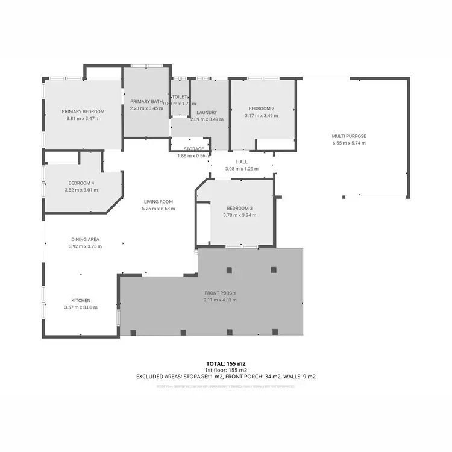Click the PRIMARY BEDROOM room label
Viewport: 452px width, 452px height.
click(83, 111)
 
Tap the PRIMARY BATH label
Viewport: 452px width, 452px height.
click(146, 102)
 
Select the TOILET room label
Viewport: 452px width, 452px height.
click(180, 96)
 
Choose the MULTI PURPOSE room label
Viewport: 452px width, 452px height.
click(349, 136)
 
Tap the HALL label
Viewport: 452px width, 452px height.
click(242, 162)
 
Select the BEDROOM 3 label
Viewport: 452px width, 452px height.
click(239, 208)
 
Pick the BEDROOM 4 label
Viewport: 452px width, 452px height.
click(81, 183)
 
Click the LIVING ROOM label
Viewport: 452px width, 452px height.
click(158, 202)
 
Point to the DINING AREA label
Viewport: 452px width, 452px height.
click(85, 239)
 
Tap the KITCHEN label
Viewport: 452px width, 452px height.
click(81, 300)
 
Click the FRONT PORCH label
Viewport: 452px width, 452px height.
click(219, 293)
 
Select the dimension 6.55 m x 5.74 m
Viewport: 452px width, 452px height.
click(349, 143)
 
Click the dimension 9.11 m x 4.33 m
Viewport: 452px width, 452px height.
click(219, 300)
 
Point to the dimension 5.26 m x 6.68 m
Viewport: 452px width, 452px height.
click(158, 209)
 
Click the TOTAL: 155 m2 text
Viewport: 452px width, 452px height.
click(226, 363)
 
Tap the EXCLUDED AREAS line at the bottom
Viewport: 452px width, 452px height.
click(226, 377)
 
